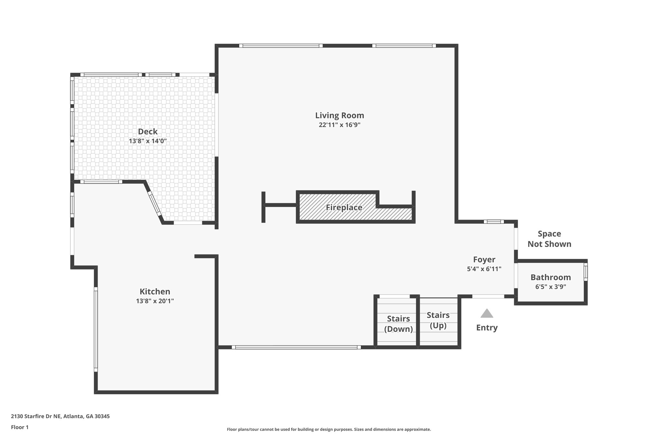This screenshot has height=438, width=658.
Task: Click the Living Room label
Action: [340, 115]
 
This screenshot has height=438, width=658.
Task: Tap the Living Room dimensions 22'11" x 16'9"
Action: [340, 125]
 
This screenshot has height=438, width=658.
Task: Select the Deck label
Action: [148, 131]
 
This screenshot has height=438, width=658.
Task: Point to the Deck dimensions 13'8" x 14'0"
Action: [148, 141]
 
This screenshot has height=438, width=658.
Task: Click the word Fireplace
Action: [344, 207]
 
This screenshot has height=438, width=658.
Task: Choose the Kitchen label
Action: [155, 291]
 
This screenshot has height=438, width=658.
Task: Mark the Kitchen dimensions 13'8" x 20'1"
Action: [155, 301]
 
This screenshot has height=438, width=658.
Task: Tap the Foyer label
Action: [484, 259]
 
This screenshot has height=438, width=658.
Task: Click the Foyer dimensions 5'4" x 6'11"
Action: [484, 269]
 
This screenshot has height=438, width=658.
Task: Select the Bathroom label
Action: [551, 277]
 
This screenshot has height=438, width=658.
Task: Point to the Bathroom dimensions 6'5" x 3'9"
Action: [551, 287]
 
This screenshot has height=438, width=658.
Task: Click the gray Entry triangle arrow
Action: [487, 313]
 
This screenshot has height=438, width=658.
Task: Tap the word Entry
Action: [487, 328]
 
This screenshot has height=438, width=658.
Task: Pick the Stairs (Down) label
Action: [398, 324]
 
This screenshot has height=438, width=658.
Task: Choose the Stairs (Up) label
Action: [438, 320]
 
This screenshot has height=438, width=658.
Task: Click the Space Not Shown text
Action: [549, 239]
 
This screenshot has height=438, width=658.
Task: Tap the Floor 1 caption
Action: [20, 427]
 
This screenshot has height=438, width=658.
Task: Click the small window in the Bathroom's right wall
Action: [585, 272]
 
